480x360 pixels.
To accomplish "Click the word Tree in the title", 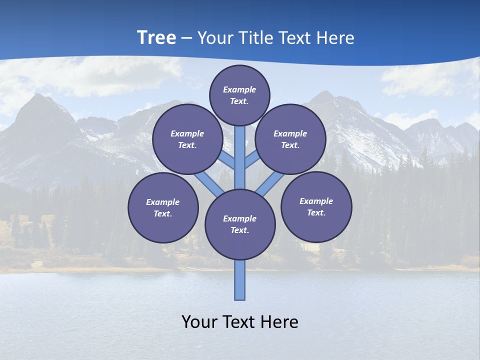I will pyautogui.click(x=156, y=37).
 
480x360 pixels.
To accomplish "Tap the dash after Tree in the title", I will pyautogui.click(x=187, y=38).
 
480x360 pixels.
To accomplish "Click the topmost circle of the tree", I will pyautogui.click(x=239, y=95).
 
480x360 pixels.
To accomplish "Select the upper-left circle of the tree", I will pyautogui.click(x=187, y=139).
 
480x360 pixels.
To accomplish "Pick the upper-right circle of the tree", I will pyautogui.click(x=290, y=139).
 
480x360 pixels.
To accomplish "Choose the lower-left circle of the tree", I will pyautogui.click(x=163, y=207).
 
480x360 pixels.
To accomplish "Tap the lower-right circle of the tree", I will pyautogui.click(x=316, y=206).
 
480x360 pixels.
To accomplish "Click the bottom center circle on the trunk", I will pyautogui.click(x=240, y=224).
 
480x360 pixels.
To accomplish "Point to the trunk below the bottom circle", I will pyautogui.click(x=240, y=280).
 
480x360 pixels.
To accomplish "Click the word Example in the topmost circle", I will pyautogui.click(x=239, y=89).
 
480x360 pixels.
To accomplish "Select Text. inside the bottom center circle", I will pyautogui.click(x=239, y=230).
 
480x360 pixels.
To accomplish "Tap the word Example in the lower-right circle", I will pyautogui.click(x=316, y=201).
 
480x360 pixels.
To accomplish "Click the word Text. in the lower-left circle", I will pyautogui.click(x=163, y=214).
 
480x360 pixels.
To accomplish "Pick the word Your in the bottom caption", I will pyautogui.click(x=199, y=322).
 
